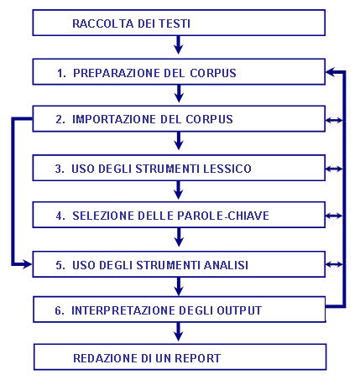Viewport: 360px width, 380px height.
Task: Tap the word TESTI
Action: [175, 23]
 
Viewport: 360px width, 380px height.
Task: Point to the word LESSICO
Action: [227, 169]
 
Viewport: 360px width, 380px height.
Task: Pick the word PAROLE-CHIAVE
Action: [223, 216]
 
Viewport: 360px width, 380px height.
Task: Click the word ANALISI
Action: [226, 265]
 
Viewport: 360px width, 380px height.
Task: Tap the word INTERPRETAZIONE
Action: [123, 310]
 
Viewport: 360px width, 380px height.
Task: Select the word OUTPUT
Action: [239, 310]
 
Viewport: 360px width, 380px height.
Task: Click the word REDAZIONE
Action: [105, 358]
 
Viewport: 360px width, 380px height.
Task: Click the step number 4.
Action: [60, 216]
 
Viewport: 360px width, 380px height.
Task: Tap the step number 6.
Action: [60, 310]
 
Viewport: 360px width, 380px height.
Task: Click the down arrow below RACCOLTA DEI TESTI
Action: [179, 44]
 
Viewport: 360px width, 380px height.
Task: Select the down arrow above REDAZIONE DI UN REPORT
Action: [179, 332]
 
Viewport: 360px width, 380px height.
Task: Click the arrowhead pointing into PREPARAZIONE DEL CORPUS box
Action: [331, 72]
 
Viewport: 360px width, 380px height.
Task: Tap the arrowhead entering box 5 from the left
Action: [27, 264]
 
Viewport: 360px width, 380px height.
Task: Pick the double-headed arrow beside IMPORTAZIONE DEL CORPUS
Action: [334, 121]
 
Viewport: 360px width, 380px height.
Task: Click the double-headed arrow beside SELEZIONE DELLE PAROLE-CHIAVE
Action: [334, 216]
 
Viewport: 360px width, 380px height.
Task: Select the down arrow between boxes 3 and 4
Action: [179, 190]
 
